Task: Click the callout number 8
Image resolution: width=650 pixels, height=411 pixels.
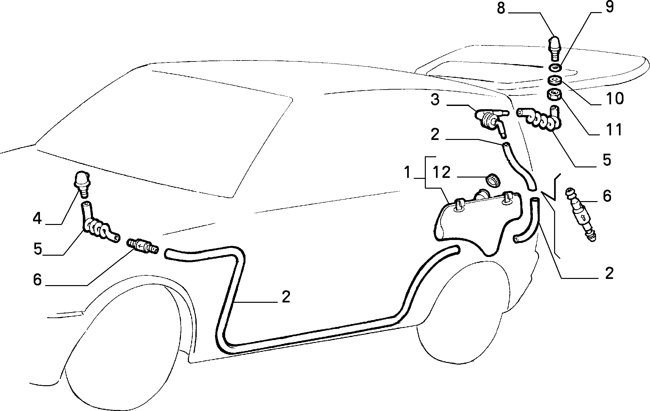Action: (x=501, y=8)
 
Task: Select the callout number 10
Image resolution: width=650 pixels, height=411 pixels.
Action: (x=614, y=98)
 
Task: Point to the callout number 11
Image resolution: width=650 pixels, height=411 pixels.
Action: (x=613, y=129)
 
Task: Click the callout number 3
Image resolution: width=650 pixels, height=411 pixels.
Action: (x=435, y=99)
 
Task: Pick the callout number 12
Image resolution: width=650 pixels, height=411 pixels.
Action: (x=442, y=172)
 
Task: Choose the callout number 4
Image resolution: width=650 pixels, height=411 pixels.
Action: (x=37, y=218)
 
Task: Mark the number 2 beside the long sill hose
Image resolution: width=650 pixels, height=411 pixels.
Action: (x=286, y=297)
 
